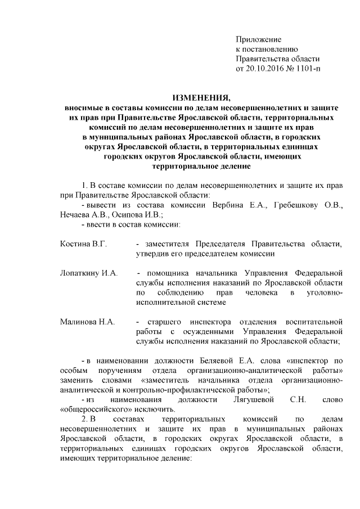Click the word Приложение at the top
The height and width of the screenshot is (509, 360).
point(258,40)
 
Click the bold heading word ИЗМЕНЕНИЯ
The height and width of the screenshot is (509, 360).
point(201,97)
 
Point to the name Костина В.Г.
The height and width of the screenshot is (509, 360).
point(83,244)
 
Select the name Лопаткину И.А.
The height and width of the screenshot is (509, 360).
point(88,273)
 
